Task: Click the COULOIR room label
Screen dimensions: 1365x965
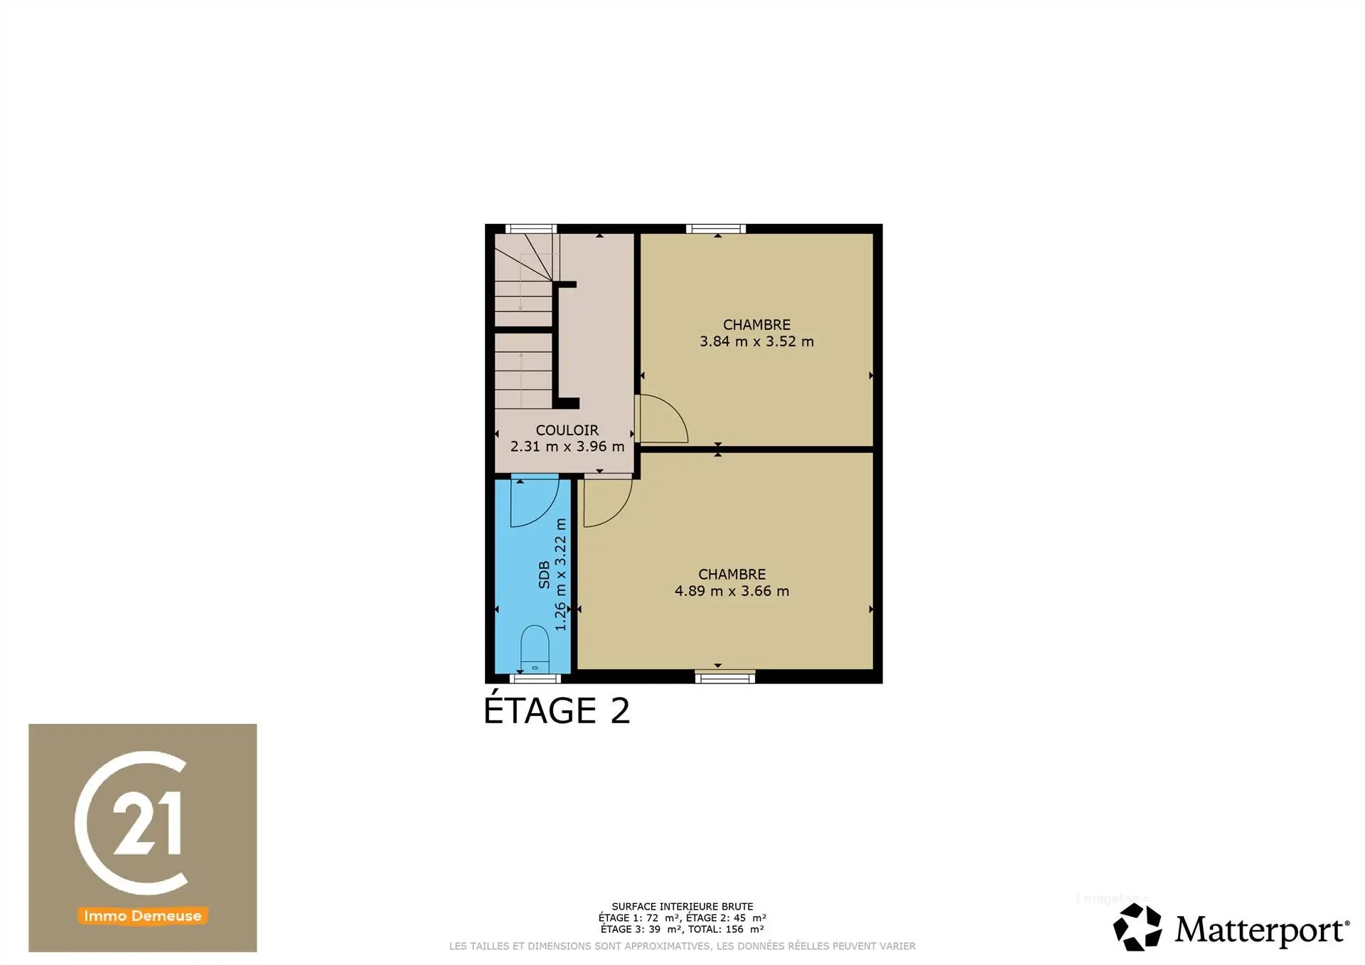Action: click(567, 430)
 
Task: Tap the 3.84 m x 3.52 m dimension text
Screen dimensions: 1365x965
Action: click(756, 341)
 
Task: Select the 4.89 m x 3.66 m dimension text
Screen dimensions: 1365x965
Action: click(732, 591)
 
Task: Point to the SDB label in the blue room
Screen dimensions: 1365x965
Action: click(545, 575)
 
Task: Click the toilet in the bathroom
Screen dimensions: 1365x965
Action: click(535, 649)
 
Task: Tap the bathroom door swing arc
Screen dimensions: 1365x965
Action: click(535, 502)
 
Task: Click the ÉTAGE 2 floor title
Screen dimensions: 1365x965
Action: click(557, 711)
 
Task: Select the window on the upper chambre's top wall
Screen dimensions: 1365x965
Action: click(716, 229)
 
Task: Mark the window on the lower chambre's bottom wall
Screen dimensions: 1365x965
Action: click(725, 678)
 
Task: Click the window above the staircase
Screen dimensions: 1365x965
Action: click(530, 229)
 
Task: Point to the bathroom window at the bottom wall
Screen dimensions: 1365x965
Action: click(535, 678)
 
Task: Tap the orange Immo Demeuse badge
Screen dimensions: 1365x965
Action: click(142, 916)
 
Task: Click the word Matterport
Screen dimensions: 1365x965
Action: click(1261, 930)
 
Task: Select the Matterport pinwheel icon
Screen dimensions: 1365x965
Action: click(1137, 927)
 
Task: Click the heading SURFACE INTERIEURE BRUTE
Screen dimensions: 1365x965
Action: click(682, 907)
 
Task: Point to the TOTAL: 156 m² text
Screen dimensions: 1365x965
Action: click(726, 929)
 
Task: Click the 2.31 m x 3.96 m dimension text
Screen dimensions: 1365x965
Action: click(567, 447)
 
